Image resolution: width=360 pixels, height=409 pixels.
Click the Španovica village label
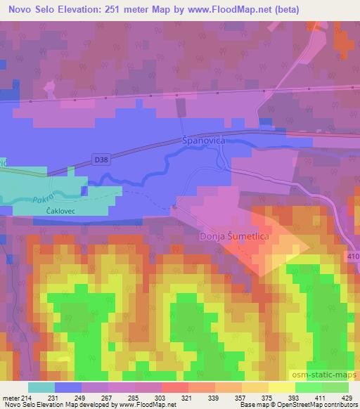(x=204, y=141)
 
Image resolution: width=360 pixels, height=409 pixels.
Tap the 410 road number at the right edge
(x=353, y=256)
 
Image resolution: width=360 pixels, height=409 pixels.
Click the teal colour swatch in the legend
(x=41, y=388)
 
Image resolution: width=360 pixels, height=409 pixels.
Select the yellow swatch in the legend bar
(x=281, y=388)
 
